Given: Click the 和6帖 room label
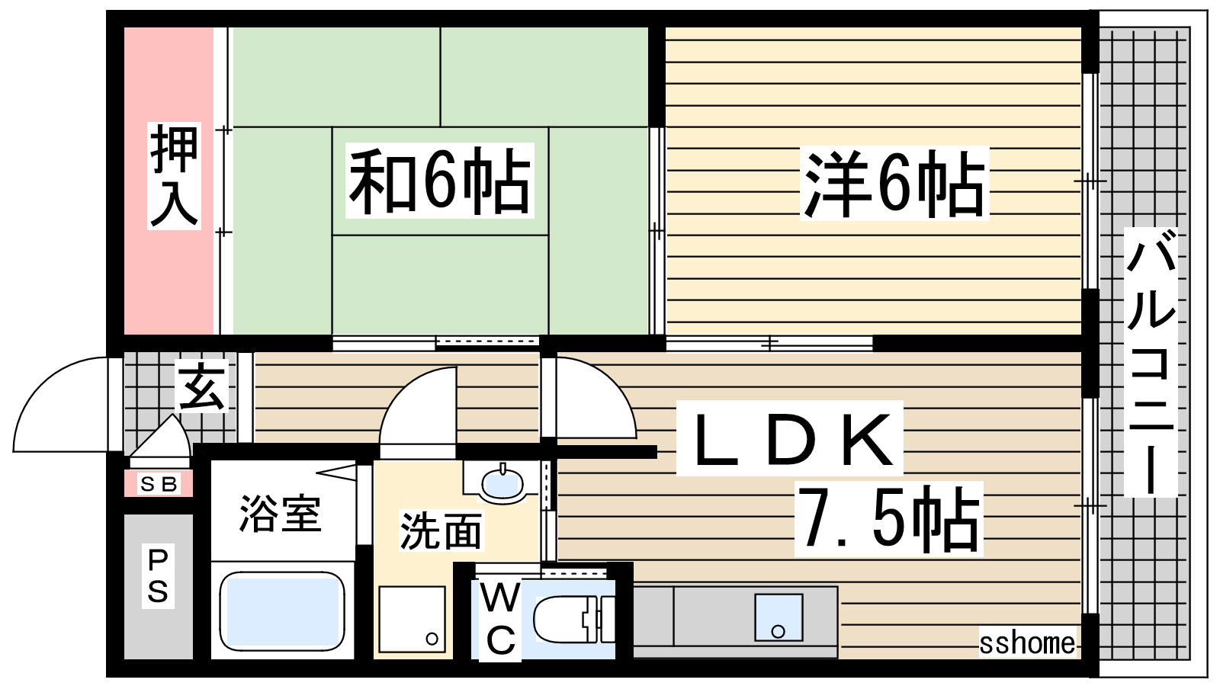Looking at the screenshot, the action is tap(439, 181).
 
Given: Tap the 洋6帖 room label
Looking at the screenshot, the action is tap(894, 184).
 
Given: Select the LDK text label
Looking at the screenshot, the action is tap(789, 438).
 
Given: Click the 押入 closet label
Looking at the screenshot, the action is tap(174, 175).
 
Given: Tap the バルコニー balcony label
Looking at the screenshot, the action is tap(1151, 363).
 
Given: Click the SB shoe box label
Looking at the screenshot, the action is tap(159, 483).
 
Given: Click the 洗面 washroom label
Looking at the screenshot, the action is tap(441, 530).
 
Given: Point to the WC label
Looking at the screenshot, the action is tap(500, 620).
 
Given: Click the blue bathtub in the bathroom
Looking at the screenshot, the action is tap(281, 611).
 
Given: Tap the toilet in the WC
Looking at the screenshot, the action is tap(574, 620).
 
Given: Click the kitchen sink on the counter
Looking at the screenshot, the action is tap(779, 617).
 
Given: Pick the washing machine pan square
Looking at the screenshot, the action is tap(413, 619).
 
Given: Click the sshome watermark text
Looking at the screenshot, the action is tap(1027, 643).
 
